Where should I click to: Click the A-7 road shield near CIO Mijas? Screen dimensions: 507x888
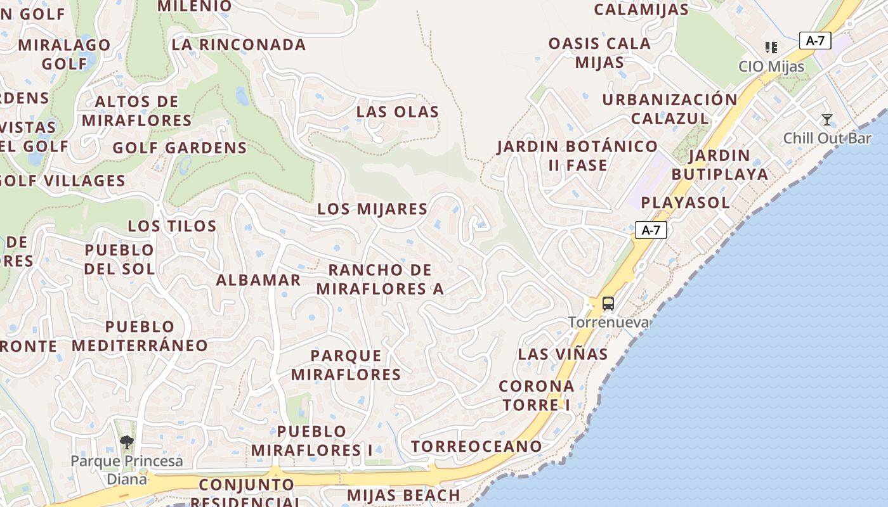click(x=815, y=41)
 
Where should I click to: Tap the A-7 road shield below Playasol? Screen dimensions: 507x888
click(x=651, y=230)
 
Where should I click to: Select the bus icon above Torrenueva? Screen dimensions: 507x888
click(x=608, y=304)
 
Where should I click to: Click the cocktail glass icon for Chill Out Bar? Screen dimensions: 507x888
click(x=826, y=120)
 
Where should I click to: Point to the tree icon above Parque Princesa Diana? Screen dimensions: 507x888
click(x=127, y=442)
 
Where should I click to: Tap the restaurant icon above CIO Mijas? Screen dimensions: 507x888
click(x=771, y=48)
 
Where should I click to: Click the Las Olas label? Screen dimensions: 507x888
click(x=398, y=112)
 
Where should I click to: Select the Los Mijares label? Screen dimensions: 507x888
click(x=372, y=209)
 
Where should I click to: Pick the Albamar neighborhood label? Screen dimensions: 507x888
click(x=258, y=280)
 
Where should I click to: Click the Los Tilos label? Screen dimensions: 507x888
click(x=172, y=226)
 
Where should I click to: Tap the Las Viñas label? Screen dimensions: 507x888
click(x=563, y=354)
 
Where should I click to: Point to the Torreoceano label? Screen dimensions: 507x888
click(x=476, y=446)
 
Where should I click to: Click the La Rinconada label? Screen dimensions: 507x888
click(x=238, y=45)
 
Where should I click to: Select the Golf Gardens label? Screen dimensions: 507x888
click(x=180, y=148)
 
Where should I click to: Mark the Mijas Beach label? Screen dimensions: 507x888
click(x=403, y=495)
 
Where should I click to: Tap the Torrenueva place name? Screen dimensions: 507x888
click(x=608, y=323)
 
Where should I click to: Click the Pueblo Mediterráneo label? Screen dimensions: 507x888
click(x=140, y=336)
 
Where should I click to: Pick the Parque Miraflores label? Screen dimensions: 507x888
click(x=346, y=365)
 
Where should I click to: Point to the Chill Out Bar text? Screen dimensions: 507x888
click(x=827, y=138)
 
